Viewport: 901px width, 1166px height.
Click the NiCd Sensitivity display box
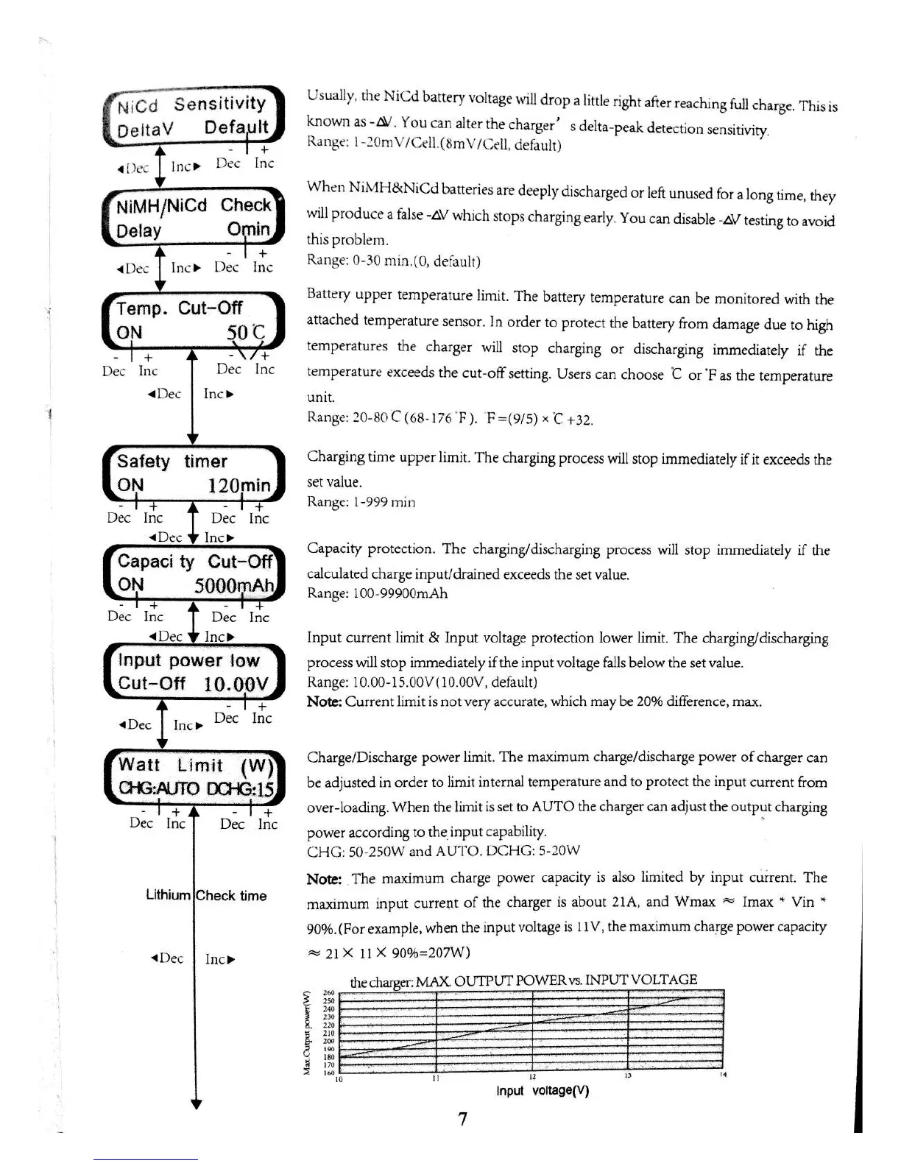(193, 116)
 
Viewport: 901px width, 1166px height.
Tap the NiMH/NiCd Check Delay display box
(193, 217)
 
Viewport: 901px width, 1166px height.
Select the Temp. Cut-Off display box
(193, 320)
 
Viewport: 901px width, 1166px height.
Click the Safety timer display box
(193, 473)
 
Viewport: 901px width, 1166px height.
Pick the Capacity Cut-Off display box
(194, 573)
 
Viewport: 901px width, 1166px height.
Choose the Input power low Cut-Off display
(193, 672)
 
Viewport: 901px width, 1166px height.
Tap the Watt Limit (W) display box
(194, 777)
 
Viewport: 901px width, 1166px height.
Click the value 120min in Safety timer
(239, 486)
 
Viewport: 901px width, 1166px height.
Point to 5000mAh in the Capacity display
(234, 586)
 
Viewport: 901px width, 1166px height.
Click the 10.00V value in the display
(236, 685)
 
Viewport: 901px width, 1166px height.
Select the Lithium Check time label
(206, 896)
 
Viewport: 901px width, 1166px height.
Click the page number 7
(462, 1119)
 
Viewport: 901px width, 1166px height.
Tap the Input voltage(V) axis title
(543, 1091)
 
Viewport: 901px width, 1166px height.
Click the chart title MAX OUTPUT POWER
(523, 981)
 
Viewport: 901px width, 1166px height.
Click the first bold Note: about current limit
(323, 702)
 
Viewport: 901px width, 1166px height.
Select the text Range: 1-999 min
(361, 503)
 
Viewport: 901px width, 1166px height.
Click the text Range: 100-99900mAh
(377, 594)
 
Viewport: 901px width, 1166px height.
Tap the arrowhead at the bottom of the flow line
(196, 1104)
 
